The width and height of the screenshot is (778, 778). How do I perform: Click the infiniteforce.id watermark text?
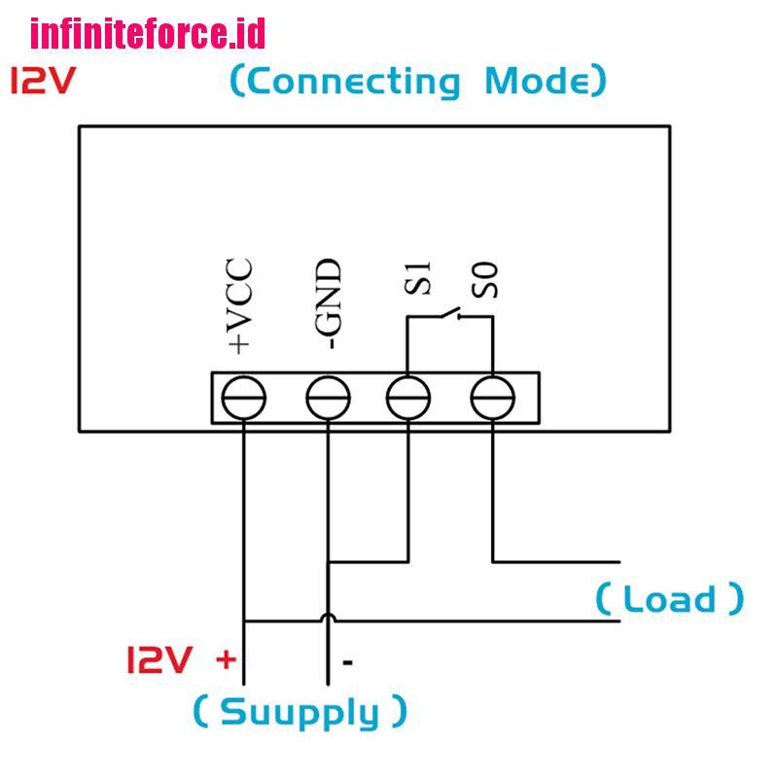point(147,35)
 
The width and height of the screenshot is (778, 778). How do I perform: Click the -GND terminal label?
point(329,303)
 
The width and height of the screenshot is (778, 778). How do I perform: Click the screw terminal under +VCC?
point(244,397)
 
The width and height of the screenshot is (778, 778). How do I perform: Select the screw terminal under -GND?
point(328,397)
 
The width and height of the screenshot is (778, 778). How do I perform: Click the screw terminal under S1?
point(408,397)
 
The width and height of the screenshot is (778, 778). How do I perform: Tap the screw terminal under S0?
point(492,397)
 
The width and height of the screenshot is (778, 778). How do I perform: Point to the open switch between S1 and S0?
point(449,313)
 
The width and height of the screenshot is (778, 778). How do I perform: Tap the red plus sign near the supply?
point(226,660)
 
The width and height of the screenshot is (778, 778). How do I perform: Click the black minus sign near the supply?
point(346,663)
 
